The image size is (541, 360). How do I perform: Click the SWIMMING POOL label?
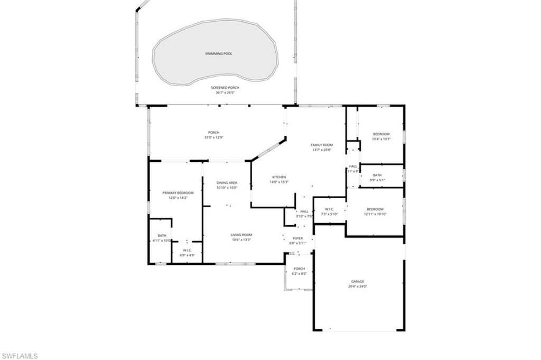(x=219, y=53)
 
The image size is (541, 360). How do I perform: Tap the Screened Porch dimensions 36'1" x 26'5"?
(x=225, y=93)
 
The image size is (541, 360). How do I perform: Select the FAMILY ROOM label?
(x=321, y=145)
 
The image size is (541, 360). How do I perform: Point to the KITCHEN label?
(x=279, y=177)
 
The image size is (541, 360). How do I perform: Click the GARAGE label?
(x=358, y=281)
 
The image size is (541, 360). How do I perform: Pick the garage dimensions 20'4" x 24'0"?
(x=358, y=287)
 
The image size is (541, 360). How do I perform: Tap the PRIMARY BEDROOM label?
(x=178, y=193)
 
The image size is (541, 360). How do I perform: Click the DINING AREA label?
(x=227, y=182)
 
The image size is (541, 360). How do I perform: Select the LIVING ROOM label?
(x=241, y=235)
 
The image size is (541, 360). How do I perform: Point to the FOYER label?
(x=298, y=238)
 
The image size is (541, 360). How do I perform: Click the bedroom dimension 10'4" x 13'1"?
(x=381, y=140)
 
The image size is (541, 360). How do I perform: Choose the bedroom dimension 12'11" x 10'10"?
(x=375, y=214)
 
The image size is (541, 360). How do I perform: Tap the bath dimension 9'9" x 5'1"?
(x=377, y=180)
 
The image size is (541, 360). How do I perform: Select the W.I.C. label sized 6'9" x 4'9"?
(x=187, y=250)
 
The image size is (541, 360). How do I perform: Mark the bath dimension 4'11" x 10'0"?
(x=162, y=241)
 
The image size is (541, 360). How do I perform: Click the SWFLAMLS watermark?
(x=20, y=356)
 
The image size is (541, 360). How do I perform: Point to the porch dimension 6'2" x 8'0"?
(x=299, y=274)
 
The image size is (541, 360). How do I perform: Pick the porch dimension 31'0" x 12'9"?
(x=213, y=138)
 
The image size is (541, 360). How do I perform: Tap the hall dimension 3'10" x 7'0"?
(x=305, y=216)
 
